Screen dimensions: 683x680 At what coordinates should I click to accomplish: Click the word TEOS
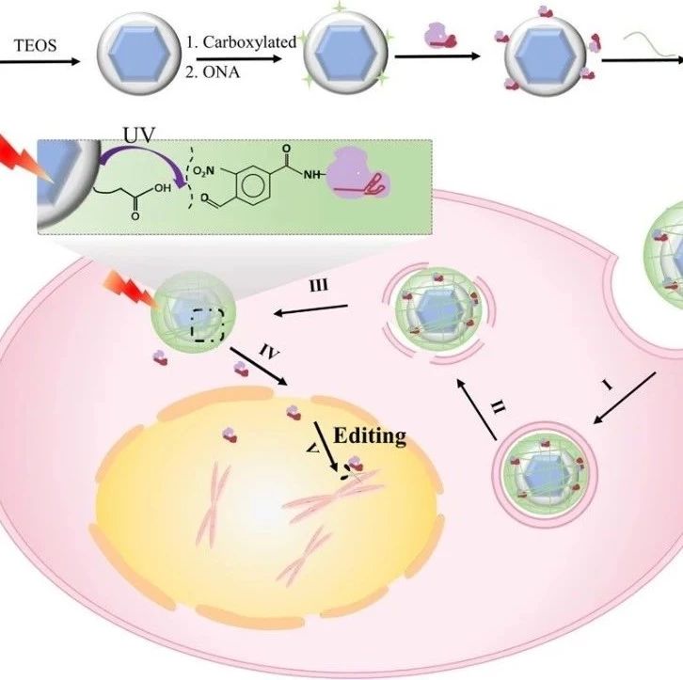pyautogui.click(x=36, y=45)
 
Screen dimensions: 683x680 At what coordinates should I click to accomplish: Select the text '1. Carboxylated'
pyautogui.click(x=242, y=41)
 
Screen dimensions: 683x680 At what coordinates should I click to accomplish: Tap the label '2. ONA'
pyautogui.click(x=213, y=71)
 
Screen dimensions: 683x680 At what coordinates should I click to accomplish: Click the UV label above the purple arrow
pyautogui.click(x=139, y=134)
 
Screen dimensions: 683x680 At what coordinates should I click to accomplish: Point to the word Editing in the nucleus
pyautogui.click(x=370, y=435)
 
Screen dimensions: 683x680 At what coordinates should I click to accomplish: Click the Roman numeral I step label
pyautogui.click(x=608, y=385)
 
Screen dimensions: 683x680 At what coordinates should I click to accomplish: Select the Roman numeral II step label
pyautogui.click(x=499, y=407)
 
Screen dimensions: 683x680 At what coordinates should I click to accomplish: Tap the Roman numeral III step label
pyautogui.click(x=319, y=286)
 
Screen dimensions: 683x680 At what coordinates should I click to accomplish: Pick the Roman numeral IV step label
pyautogui.click(x=269, y=351)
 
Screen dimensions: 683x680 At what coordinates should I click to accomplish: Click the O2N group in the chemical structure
pyautogui.click(x=203, y=171)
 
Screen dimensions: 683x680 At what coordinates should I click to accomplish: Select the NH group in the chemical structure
pyautogui.click(x=311, y=175)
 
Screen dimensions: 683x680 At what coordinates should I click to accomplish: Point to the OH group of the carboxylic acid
pyautogui.click(x=163, y=188)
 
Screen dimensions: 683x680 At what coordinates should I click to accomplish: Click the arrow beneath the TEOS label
pyautogui.click(x=40, y=61)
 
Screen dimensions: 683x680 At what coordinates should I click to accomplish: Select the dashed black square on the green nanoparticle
pyautogui.click(x=208, y=324)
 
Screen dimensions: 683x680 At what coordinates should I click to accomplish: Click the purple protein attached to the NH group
pyautogui.click(x=358, y=175)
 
